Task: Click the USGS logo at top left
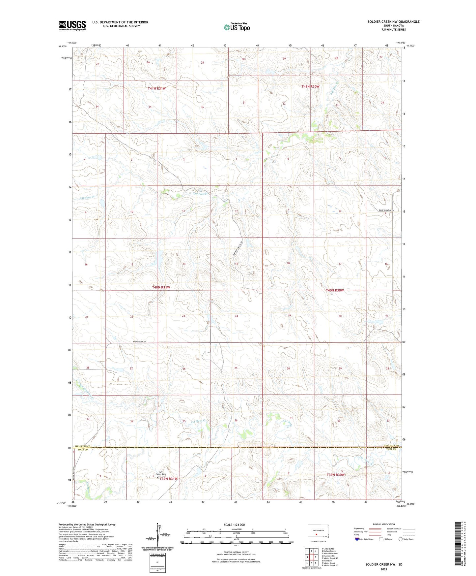point(72,25)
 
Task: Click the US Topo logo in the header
point(237,27)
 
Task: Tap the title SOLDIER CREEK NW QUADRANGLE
point(393,22)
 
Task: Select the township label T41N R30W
point(310,86)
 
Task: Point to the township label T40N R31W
point(161,287)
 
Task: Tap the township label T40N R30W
point(335,290)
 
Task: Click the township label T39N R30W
point(335,475)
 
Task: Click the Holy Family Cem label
point(160,473)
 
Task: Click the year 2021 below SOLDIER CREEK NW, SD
point(383,569)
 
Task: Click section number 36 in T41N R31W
point(202,107)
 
